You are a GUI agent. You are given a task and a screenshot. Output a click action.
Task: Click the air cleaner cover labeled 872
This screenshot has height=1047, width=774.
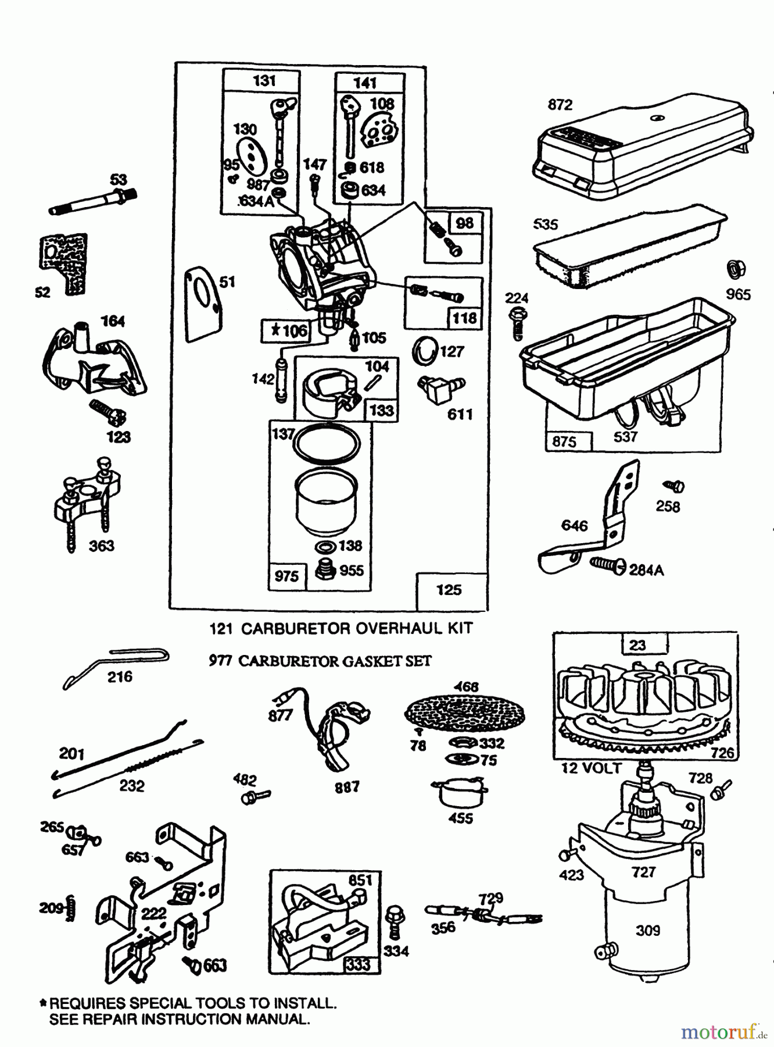[642, 145]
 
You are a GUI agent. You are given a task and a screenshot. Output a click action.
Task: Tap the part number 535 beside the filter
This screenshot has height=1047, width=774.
[545, 225]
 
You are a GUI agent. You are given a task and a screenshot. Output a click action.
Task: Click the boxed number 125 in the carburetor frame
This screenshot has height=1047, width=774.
[449, 590]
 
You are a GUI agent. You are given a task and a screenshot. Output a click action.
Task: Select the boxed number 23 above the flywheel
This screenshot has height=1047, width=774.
[637, 645]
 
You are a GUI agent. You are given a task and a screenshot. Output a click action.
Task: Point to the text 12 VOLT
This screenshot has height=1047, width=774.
[591, 768]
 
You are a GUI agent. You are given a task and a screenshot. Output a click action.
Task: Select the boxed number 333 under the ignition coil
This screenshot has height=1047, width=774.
[358, 964]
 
